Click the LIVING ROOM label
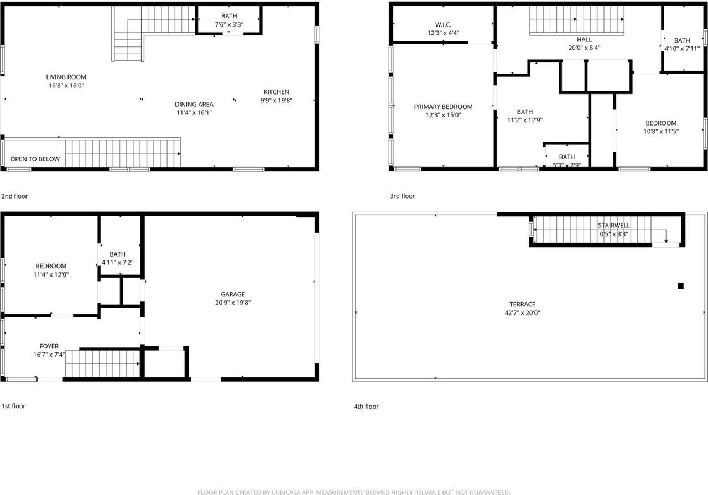point(66,77)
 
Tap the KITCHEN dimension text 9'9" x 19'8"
point(276,101)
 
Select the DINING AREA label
point(194,104)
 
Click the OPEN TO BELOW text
point(35,159)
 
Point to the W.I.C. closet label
point(443,24)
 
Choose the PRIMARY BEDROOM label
point(443,107)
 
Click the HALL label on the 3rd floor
point(584,39)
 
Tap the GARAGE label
point(232,294)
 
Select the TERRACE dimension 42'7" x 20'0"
point(522,313)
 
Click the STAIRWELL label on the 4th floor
point(613,226)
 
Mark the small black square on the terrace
point(680,286)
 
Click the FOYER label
point(49,347)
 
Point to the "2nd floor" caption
point(14,196)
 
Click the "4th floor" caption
point(366,407)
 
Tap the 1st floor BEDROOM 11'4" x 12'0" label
point(51,266)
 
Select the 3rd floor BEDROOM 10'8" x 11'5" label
point(661,123)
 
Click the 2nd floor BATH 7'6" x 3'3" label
point(228,16)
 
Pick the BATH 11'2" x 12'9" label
point(524,112)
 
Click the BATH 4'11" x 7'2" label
point(117,254)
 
